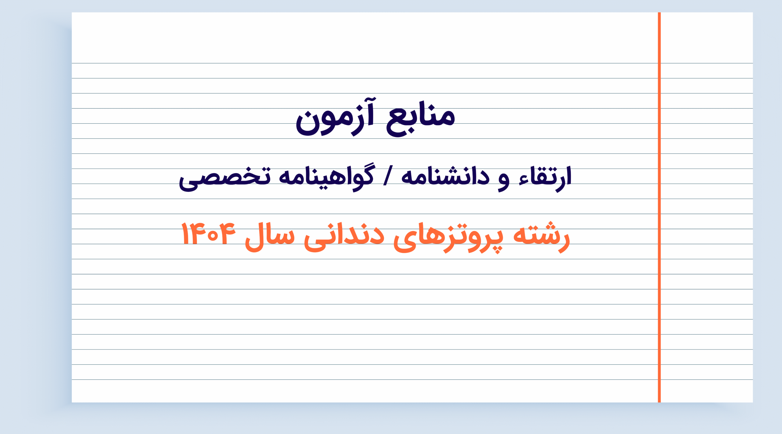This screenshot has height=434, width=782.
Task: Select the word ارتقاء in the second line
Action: point(545,179)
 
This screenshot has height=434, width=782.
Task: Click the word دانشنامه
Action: point(445,176)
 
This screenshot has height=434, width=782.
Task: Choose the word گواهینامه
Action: point(326,178)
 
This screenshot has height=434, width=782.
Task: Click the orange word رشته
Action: point(541,237)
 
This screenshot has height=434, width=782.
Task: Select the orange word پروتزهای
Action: point(448,238)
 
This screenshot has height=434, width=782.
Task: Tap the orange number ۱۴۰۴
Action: point(208,233)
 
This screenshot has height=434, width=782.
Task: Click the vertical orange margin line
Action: point(659,207)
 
